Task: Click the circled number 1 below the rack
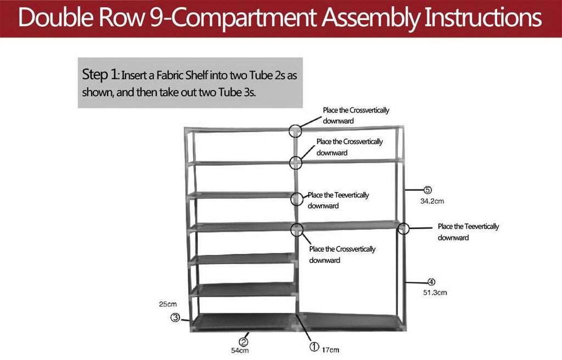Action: (314, 347)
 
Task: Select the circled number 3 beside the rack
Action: (175, 317)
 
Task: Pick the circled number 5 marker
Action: (428, 190)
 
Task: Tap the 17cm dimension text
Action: (331, 350)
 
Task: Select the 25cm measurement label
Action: (168, 304)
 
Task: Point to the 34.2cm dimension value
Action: (432, 201)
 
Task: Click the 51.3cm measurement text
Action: (435, 292)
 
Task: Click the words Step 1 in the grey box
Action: (99, 75)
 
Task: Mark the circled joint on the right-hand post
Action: (404, 228)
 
